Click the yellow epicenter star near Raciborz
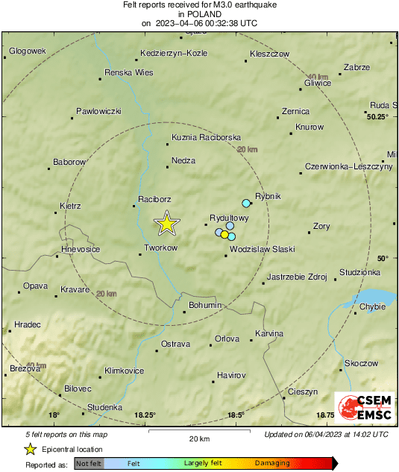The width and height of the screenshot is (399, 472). click(x=166, y=223)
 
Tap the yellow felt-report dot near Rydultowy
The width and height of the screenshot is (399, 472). click(x=224, y=235)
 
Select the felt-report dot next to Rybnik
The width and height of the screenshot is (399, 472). click(x=246, y=203)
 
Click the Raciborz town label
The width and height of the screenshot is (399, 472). click(x=155, y=199)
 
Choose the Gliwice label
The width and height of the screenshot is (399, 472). click(x=318, y=83)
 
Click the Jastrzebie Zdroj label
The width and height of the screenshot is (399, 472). click(x=297, y=277)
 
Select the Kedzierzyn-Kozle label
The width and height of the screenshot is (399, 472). click(x=174, y=54)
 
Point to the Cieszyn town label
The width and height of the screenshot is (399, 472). click(x=303, y=391)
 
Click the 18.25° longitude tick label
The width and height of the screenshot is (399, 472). click(x=145, y=415)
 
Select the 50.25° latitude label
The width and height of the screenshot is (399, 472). click(x=377, y=116)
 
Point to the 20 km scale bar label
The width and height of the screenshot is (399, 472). click(x=198, y=438)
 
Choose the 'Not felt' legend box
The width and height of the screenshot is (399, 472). click(x=89, y=463)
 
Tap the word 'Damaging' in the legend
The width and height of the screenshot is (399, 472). click(x=273, y=463)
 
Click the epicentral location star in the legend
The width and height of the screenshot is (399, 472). click(x=30, y=449)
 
